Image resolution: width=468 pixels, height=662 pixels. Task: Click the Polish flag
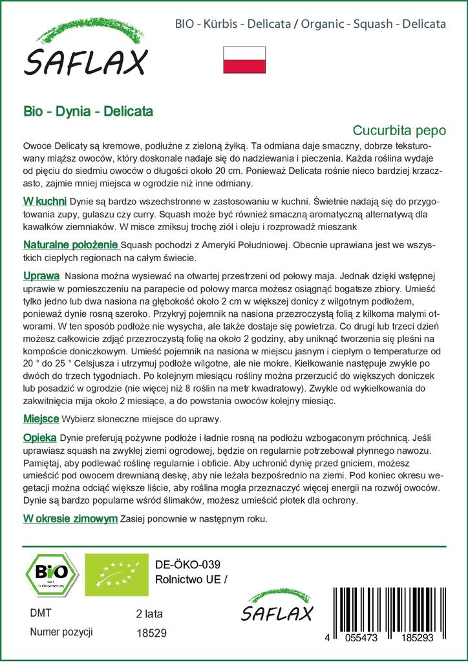(244, 59)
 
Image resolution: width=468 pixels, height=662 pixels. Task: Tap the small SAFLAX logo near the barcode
(277, 607)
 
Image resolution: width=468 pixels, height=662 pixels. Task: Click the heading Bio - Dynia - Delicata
(88, 111)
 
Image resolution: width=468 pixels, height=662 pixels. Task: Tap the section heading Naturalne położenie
(70, 245)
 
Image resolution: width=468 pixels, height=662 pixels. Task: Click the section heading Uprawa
(41, 275)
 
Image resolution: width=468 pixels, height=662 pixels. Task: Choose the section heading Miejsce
(41, 418)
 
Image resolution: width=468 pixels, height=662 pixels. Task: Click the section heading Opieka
(40, 437)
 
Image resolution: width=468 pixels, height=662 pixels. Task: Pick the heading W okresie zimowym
(70, 518)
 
